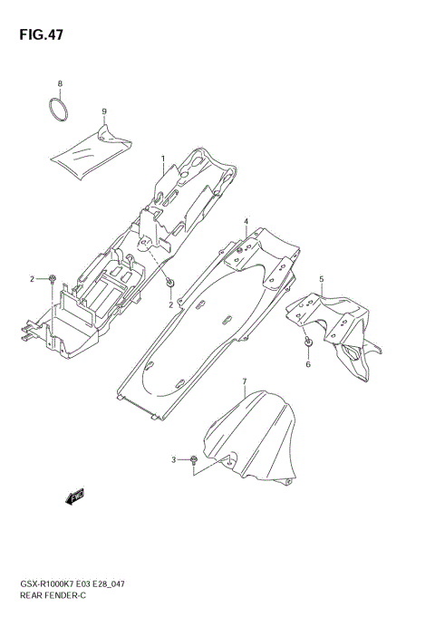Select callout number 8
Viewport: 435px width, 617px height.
(61, 84)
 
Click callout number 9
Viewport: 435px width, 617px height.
(104, 111)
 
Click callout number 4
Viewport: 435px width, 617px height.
(245, 221)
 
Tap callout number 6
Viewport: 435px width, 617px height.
(307, 364)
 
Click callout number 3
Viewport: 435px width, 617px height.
(173, 460)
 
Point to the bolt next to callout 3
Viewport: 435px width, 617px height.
(195, 462)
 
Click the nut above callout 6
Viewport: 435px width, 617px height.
(308, 342)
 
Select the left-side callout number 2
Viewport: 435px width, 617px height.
(32, 278)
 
